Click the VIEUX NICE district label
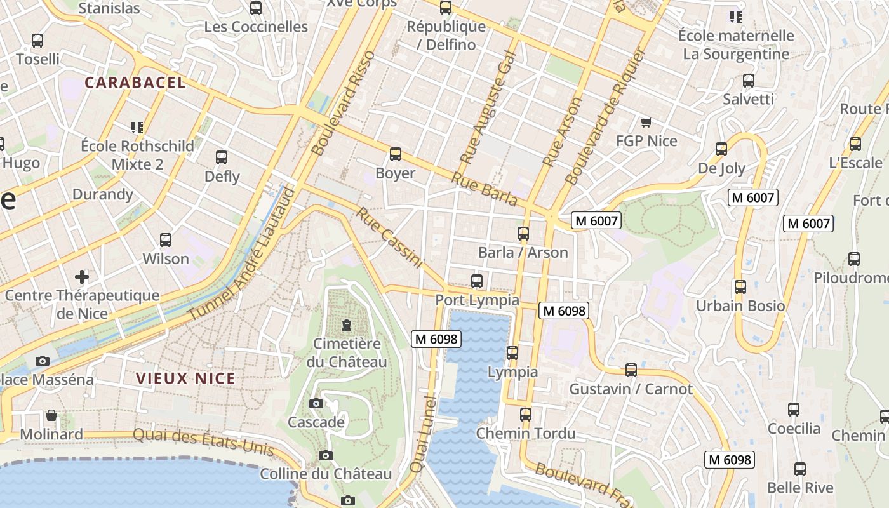coord(185,379)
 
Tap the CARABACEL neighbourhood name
coord(135,83)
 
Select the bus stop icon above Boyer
coord(396,154)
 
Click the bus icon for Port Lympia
coord(477,281)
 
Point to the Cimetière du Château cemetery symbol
coord(347,326)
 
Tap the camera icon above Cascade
coord(316,403)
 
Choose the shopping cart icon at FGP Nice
coord(646,122)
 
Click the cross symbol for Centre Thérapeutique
coord(82,277)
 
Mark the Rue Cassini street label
coord(389,237)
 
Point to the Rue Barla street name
coord(484,189)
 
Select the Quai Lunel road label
coord(424,434)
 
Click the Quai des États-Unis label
coord(203,442)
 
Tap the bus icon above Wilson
coord(166,240)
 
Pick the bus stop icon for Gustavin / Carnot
coord(631,370)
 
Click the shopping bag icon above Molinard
coord(51,416)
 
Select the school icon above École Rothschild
coord(137,128)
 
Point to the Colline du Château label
coord(326,474)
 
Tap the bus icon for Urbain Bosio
coord(740,287)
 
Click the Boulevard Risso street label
coord(344,104)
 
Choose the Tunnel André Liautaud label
coord(242,254)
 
